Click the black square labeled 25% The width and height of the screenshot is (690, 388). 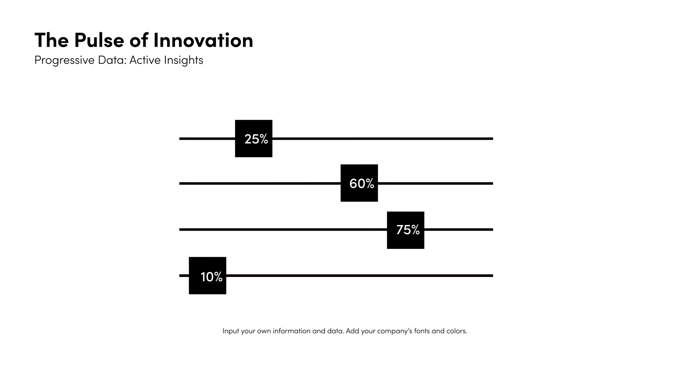click(254, 139)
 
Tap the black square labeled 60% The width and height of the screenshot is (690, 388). click(359, 183)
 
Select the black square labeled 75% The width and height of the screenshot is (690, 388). click(406, 230)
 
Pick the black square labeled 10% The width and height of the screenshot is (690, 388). click(208, 276)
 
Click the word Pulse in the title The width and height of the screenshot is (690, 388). click(99, 40)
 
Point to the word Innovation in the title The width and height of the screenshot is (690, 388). click(203, 40)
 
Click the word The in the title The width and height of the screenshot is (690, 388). click(51, 40)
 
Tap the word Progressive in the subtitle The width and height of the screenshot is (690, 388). click(64, 60)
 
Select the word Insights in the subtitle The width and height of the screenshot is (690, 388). click(184, 60)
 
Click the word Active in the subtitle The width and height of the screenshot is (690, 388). click(145, 60)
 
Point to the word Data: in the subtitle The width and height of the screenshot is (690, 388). click(112, 60)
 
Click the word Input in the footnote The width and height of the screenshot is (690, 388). click(231, 331)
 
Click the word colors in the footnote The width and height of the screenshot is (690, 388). click(457, 331)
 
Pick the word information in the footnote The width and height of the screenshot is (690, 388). click(291, 331)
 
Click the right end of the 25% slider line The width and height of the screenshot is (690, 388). click(493, 139)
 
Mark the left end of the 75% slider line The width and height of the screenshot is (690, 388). click(179, 230)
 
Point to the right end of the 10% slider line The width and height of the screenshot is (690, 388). click(493, 276)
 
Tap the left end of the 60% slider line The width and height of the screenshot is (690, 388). click(179, 184)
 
